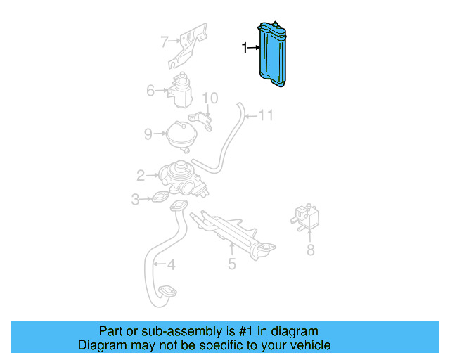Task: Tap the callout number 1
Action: click(245, 49)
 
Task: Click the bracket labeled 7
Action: click(191, 45)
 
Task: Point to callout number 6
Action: click(150, 90)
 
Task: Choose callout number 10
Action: click(211, 98)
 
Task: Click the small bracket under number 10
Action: click(203, 121)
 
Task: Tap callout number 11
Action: click(265, 115)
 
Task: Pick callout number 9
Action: click(148, 133)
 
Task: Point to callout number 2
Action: click(141, 174)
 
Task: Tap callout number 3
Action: click(135, 200)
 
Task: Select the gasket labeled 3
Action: click(161, 198)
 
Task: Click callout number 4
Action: click(170, 264)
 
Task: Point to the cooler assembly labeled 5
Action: click(236, 230)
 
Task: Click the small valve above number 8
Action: click(307, 214)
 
